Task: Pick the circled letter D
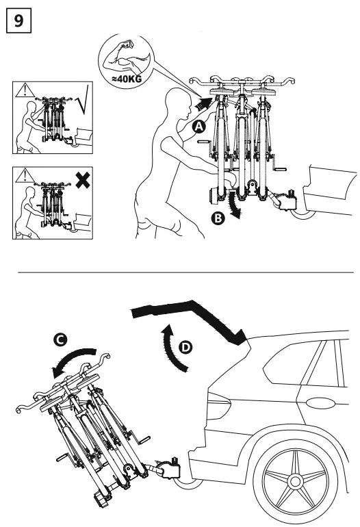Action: tap(183, 348)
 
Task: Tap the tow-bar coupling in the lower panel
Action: tap(168, 469)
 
